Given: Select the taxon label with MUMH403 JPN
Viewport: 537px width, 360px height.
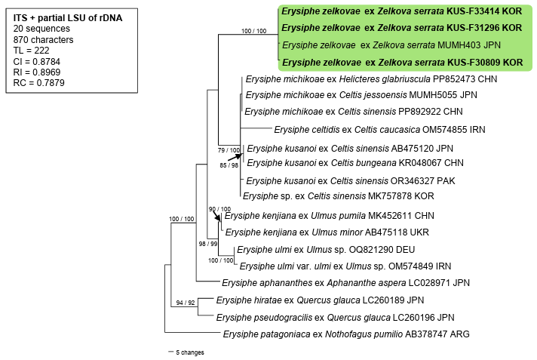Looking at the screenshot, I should (401, 45).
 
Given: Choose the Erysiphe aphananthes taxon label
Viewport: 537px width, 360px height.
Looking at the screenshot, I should (350, 283).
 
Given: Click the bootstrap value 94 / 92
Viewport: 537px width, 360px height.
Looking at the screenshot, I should (186, 301).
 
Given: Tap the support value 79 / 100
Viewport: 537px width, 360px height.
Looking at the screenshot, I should (229, 150).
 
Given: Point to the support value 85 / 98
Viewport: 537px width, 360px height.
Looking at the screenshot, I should (229, 165).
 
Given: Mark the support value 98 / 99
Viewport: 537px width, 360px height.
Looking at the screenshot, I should (208, 245).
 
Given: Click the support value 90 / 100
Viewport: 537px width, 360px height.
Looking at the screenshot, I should (220, 209).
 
